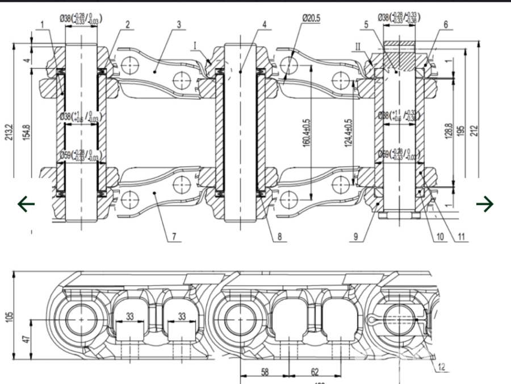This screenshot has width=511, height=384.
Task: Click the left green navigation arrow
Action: coord(26,203)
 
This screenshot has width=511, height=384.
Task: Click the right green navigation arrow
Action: coord(484,203)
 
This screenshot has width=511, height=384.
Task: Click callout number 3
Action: coord(179,24)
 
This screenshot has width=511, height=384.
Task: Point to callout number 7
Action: coord(174,235)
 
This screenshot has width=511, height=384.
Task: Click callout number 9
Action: coord(356,235)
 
